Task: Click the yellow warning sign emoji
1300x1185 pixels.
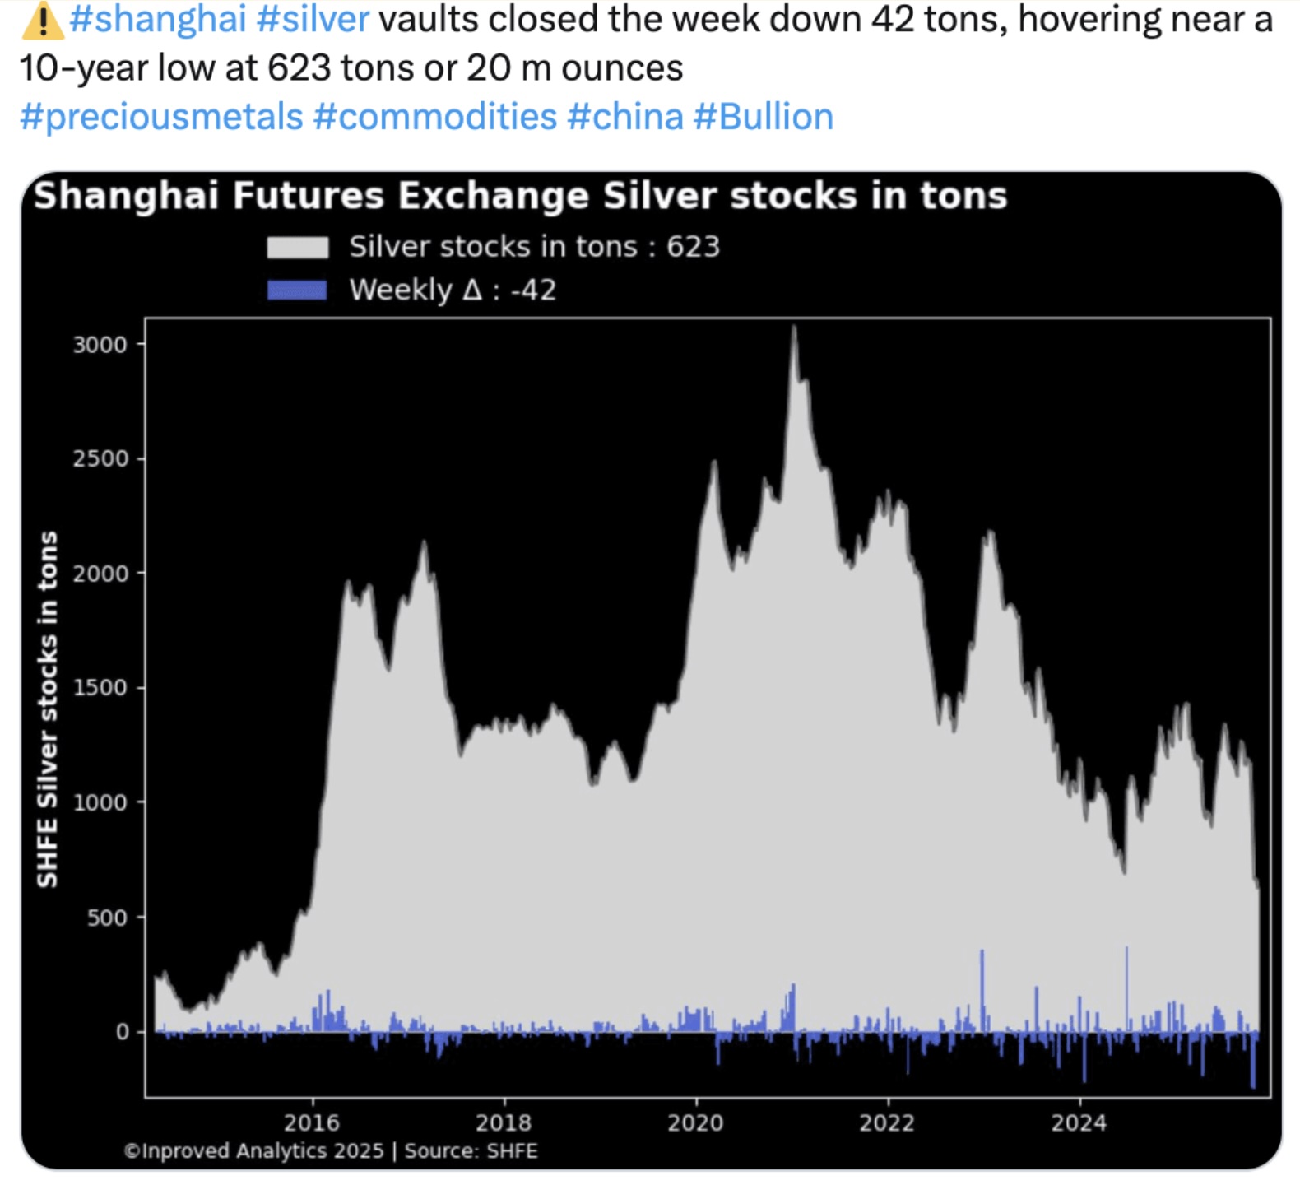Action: tap(41, 20)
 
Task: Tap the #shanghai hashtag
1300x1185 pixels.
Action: tap(158, 20)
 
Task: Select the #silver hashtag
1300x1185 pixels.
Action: tap(313, 20)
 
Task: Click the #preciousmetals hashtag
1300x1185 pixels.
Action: tap(161, 117)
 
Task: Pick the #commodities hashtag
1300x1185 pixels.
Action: tap(435, 117)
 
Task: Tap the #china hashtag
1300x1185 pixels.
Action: tap(625, 117)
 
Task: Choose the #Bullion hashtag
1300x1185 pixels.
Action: tap(764, 117)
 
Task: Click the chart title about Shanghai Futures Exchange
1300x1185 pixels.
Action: tap(520, 196)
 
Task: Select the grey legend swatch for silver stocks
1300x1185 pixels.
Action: tap(297, 247)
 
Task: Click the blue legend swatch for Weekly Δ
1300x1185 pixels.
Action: tap(297, 290)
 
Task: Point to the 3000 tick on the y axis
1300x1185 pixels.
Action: tap(100, 345)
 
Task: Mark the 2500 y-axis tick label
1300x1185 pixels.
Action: tap(100, 459)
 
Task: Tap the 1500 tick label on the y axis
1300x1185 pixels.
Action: tap(100, 688)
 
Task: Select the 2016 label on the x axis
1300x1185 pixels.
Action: tap(312, 1122)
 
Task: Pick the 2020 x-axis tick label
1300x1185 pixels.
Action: tap(695, 1122)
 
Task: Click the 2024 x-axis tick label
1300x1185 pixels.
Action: tap(1079, 1122)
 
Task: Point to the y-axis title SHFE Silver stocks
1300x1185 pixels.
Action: tap(48, 709)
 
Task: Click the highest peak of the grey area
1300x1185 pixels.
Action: tap(794, 329)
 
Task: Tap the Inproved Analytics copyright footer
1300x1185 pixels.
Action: tap(331, 1150)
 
